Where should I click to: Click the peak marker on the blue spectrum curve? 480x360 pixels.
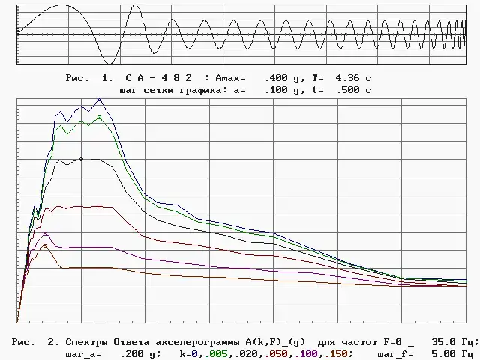point(99,98)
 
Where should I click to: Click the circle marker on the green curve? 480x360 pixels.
point(99,117)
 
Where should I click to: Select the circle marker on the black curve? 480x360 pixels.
point(81,159)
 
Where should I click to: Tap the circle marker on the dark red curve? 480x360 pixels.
point(99,206)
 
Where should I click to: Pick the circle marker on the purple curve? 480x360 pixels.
point(45,233)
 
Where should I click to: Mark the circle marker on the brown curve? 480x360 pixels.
point(45,246)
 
